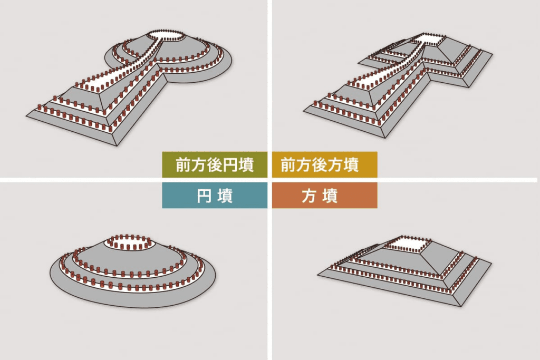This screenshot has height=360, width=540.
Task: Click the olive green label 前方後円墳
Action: (x=215, y=165)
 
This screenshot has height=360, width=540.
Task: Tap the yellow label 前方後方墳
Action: (x=324, y=165)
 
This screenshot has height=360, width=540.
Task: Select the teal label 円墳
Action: (x=215, y=196)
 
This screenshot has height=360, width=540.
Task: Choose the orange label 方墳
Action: (x=324, y=196)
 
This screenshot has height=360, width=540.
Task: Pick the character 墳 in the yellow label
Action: (x=351, y=165)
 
